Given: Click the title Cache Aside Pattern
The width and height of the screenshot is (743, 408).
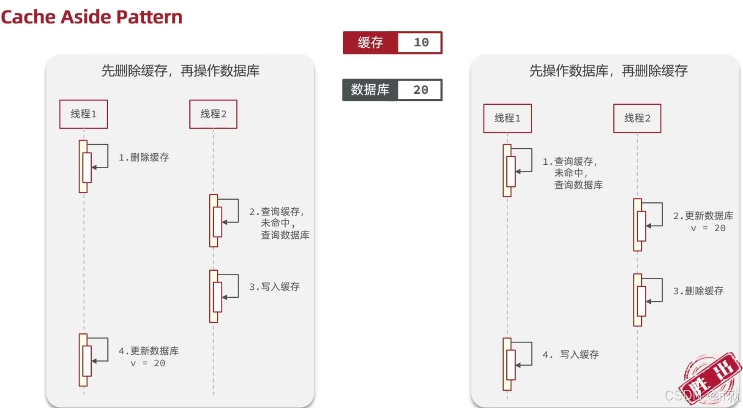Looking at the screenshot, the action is tap(92, 17).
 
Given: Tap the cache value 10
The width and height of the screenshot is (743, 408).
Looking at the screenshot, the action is tap(421, 43).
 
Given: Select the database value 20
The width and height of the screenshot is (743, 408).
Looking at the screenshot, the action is tap(421, 90).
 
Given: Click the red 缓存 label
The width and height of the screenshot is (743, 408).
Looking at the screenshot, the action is tap(370, 43).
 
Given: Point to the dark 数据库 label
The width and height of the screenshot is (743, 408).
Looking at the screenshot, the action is tap(370, 90).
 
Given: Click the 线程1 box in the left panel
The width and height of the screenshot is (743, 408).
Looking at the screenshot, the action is tap(84, 114).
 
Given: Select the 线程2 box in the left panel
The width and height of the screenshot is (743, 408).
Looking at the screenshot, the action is tap(213, 114).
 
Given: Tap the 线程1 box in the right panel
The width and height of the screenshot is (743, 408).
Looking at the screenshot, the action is tap(508, 118).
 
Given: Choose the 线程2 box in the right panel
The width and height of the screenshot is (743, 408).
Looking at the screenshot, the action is tap(637, 118).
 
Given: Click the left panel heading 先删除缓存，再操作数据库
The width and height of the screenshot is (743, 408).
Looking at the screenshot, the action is tap(180, 71).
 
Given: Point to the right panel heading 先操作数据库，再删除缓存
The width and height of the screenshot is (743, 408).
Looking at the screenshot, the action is tap(608, 71).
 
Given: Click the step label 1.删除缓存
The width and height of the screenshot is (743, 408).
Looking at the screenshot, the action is tap(144, 158).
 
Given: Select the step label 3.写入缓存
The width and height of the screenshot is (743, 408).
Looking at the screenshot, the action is tap(274, 287).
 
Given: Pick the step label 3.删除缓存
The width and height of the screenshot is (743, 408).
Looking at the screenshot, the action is tap(698, 291).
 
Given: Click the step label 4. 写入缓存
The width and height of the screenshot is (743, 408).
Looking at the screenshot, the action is tap(571, 355).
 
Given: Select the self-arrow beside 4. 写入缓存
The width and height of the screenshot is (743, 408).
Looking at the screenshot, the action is tap(524, 354).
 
